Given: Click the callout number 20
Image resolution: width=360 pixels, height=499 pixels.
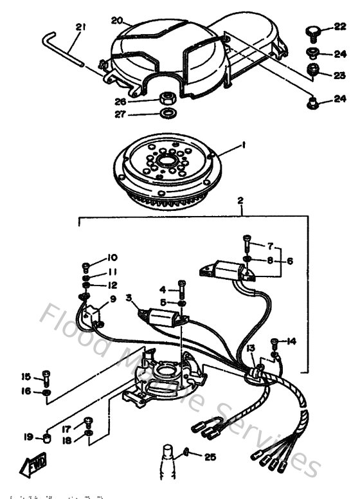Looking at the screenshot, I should [x=117, y=21].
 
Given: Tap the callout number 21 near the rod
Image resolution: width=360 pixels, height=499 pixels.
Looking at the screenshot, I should [x=80, y=28].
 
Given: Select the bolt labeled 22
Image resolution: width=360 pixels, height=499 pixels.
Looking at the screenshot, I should [x=312, y=29].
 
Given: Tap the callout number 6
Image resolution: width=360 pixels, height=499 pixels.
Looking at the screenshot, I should [x=289, y=261].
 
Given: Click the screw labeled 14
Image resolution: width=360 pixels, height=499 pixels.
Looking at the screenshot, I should [x=275, y=341].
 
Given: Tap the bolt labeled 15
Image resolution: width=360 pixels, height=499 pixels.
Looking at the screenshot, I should [x=46, y=376].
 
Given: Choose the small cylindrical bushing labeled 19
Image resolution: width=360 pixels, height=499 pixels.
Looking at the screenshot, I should [x=47, y=439].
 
